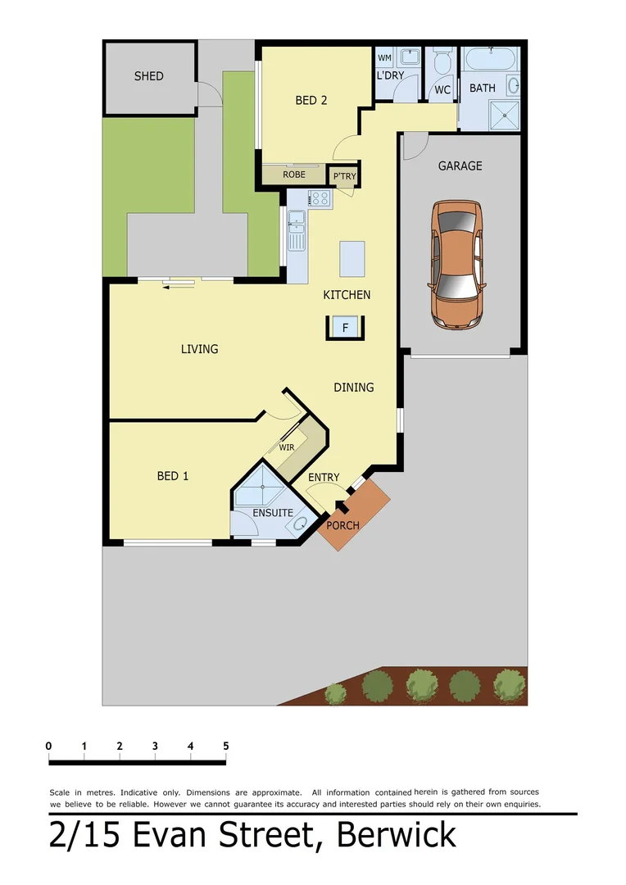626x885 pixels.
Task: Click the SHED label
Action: pos(149,76)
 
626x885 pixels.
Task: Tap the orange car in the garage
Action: pos(456,264)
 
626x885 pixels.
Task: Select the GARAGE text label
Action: pos(460,166)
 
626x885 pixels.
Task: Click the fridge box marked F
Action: pos(346,328)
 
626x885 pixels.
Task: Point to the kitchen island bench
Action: pos(352,259)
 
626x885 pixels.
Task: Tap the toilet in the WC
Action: pos(442,63)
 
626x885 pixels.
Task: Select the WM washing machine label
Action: pos(384,58)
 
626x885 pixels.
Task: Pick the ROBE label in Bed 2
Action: pos(294,175)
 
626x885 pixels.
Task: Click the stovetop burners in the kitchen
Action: pos(319,197)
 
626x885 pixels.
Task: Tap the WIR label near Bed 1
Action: pos(287,447)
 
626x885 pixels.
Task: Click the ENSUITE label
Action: pos(273,513)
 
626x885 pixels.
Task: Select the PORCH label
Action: pos(343,525)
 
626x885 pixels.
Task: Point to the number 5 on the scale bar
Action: pos(225,746)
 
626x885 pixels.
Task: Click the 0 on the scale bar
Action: pos(49,746)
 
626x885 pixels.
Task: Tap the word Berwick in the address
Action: pos(396,835)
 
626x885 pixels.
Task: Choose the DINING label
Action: pos(354,387)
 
